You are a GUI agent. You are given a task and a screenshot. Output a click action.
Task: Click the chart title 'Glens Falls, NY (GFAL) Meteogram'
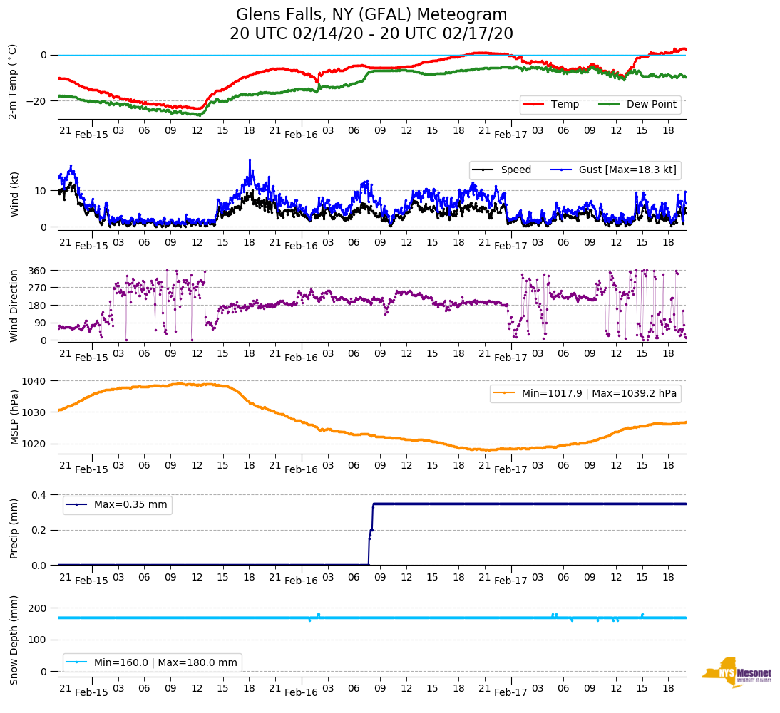[371, 15]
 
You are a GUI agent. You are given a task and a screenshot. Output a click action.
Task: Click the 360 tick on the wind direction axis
[38, 271]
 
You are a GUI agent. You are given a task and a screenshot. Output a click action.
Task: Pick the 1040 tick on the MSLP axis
[35, 381]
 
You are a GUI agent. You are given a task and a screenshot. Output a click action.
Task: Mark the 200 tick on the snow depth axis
[38, 608]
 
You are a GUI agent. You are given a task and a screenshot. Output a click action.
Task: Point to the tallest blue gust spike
[250, 160]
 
